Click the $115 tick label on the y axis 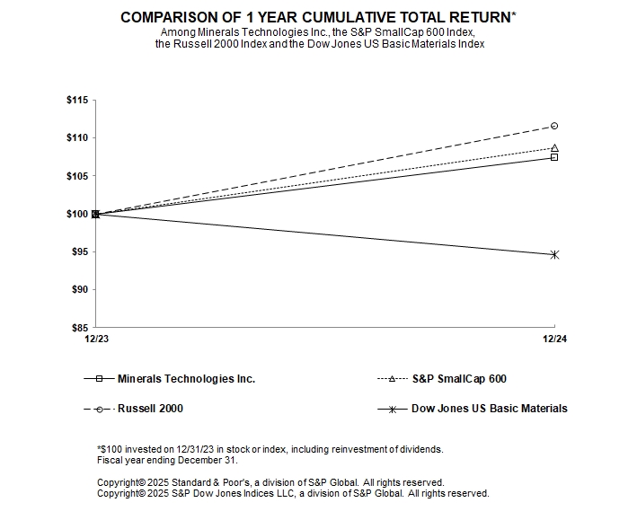click(76, 100)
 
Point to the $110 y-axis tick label click(76, 137)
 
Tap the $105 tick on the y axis click(76, 176)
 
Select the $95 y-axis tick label click(78, 252)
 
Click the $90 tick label click(78, 290)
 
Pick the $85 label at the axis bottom click(78, 328)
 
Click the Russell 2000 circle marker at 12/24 click(554, 126)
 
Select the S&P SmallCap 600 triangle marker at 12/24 click(554, 148)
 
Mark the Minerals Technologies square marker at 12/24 click(554, 157)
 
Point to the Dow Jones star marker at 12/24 click(554, 255)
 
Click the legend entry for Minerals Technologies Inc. click(186, 379)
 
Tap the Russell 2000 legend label click(150, 409)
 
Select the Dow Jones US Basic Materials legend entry click(489, 409)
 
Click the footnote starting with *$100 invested click(270, 448)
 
